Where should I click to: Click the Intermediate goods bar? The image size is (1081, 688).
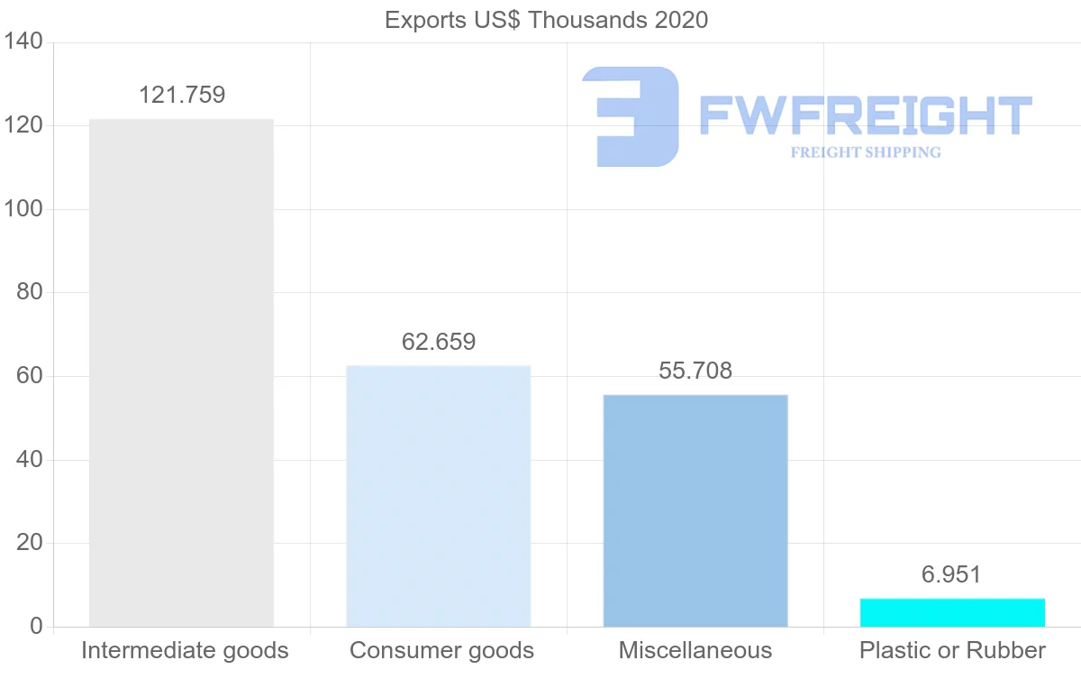(181, 372)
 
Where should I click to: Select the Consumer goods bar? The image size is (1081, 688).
(439, 496)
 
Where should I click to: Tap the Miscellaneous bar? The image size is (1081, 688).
(695, 510)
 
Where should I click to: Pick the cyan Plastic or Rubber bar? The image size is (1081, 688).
(952, 612)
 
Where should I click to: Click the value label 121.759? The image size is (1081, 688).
(182, 95)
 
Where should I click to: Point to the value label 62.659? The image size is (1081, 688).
(439, 342)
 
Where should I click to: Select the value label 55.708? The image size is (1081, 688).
(695, 370)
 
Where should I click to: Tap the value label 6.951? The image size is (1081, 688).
(951, 574)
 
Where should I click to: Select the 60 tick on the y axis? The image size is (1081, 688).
(30, 376)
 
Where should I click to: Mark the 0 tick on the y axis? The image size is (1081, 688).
(36, 627)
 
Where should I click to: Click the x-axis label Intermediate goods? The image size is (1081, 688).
(185, 650)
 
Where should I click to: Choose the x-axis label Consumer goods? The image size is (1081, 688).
(441, 650)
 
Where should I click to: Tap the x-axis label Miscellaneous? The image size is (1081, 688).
(695, 650)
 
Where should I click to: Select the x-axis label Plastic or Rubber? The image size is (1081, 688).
(952, 650)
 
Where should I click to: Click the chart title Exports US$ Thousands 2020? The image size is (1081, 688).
(547, 20)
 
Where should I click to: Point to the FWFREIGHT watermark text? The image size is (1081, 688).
(865, 116)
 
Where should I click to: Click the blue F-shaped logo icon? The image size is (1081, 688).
(630, 116)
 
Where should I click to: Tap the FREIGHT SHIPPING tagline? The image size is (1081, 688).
(866, 152)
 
